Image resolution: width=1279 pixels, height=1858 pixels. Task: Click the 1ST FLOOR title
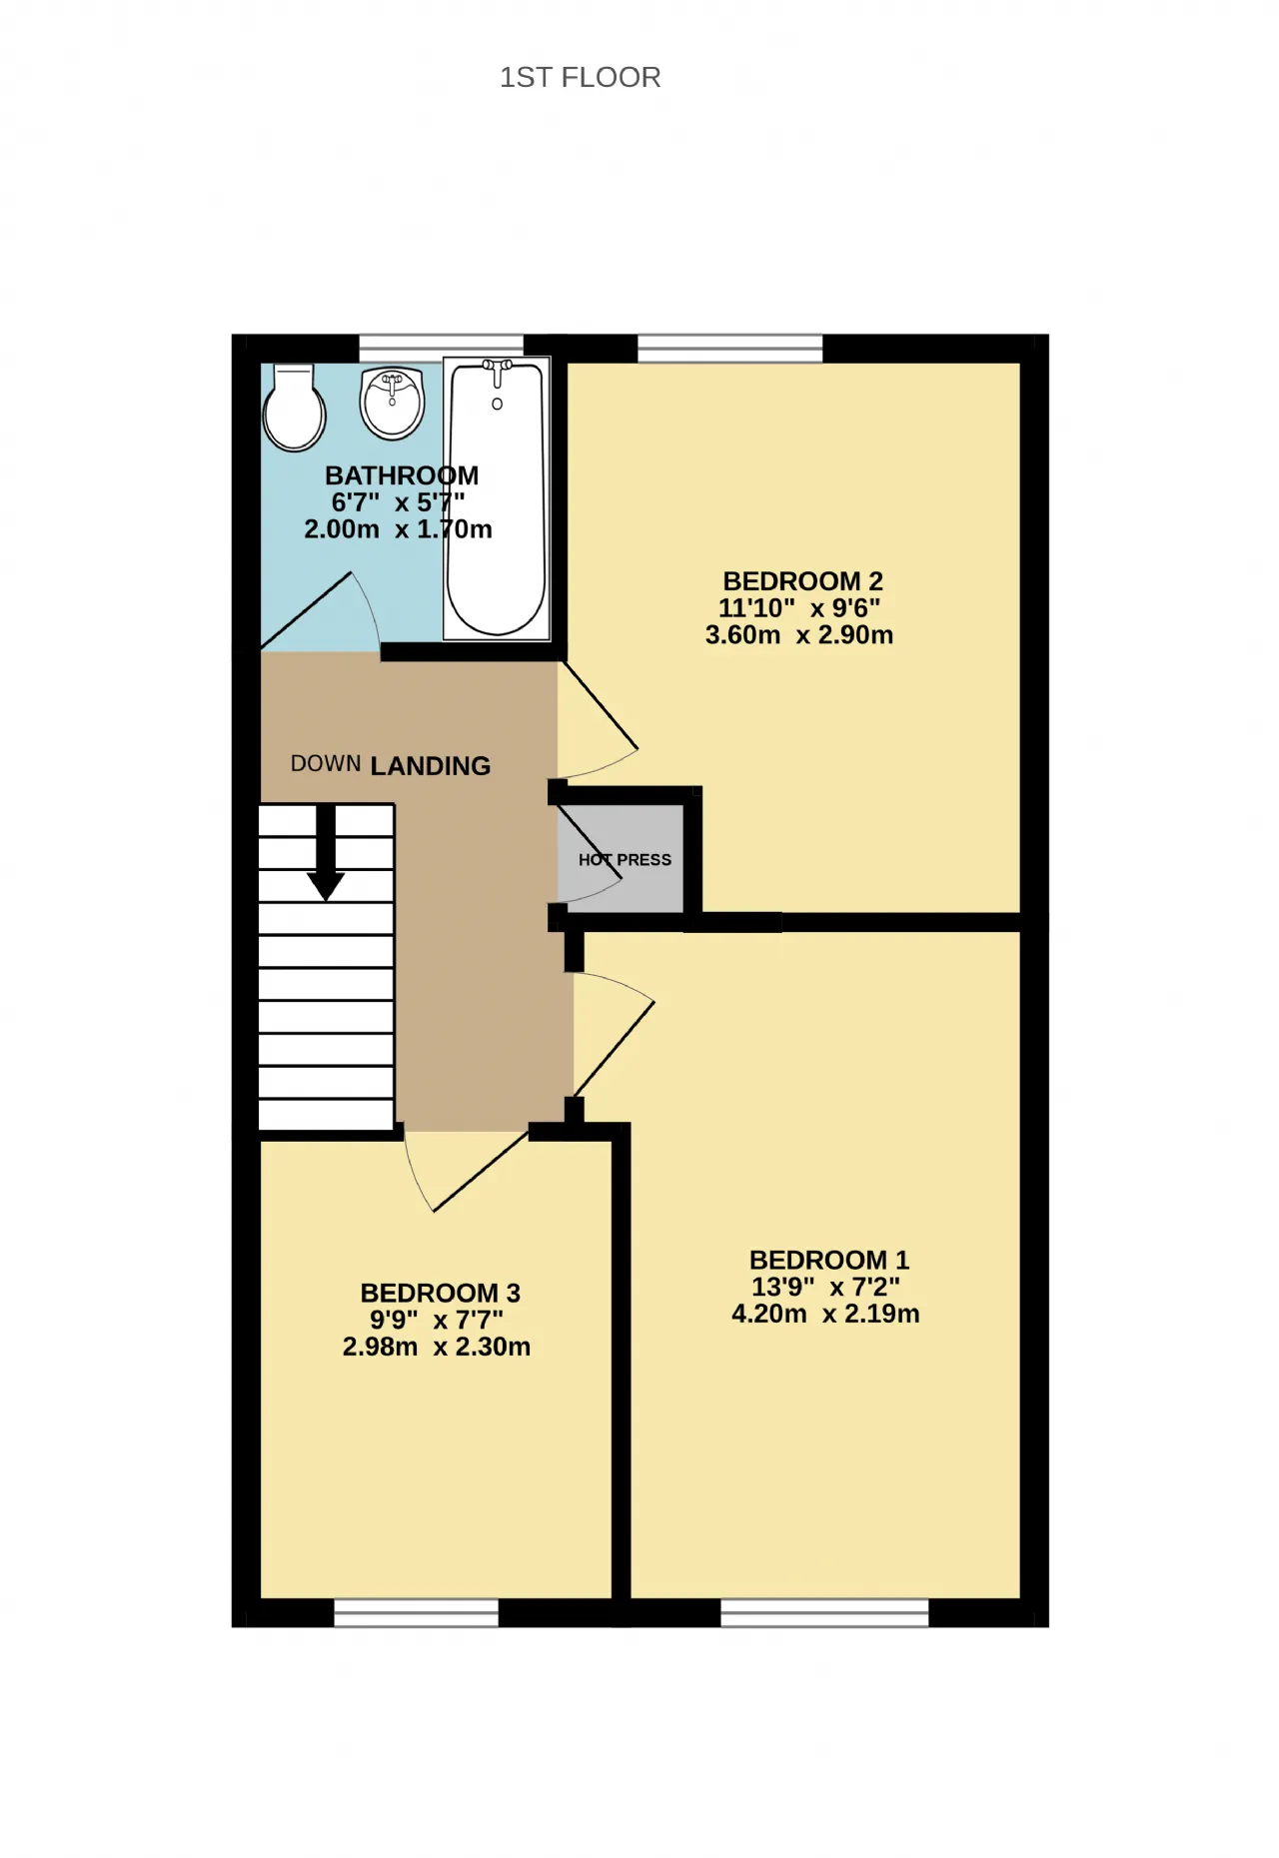coord(580,77)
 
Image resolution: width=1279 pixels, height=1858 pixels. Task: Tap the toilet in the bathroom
coord(294,408)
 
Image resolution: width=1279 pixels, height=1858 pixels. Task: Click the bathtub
coord(497,498)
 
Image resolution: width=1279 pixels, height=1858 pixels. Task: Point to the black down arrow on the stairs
coord(325,852)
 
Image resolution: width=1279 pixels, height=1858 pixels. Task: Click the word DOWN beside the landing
coord(326,764)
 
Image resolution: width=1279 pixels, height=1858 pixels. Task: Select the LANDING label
coord(431,766)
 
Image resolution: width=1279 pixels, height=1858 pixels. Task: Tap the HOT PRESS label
coord(625,860)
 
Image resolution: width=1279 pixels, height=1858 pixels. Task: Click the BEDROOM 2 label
coord(803,581)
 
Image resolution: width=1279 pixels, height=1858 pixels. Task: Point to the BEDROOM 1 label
coord(829,1261)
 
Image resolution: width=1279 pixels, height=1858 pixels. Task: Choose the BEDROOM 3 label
coord(441,1294)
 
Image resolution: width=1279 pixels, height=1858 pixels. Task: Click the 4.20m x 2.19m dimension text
coord(825,1314)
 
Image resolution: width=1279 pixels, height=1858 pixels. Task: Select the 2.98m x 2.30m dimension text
coord(437,1347)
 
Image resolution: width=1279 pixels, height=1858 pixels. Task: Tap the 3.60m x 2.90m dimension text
coord(799,635)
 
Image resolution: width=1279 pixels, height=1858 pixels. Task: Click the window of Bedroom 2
coord(730,349)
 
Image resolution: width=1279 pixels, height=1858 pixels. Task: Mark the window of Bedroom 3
coord(416,1612)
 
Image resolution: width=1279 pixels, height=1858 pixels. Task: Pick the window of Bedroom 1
coord(824,1612)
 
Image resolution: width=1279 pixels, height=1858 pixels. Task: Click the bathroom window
coord(441,348)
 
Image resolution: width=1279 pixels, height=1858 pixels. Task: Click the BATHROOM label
coord(402,475)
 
